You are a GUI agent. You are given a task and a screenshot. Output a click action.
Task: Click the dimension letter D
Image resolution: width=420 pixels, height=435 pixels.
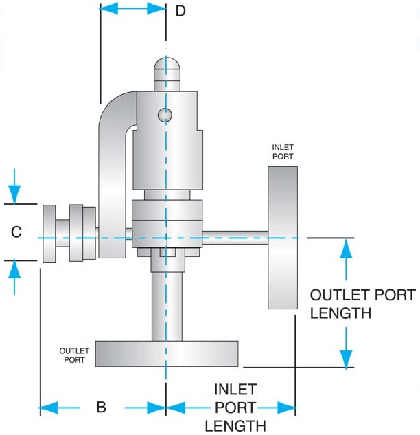[x=180, y=11]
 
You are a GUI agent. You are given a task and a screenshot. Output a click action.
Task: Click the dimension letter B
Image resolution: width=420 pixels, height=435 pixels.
[x=102, y=407]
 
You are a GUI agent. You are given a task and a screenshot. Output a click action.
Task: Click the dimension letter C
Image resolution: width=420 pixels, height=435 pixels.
[x=16, y=232]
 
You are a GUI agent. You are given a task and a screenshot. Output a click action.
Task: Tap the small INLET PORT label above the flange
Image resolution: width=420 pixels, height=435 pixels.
[x=283, y=152]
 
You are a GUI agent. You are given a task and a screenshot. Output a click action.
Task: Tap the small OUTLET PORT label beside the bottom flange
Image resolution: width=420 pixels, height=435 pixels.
[x=74, y=355]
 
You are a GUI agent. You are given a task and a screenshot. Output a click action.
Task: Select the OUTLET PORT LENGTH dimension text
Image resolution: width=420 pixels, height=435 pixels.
[x=362, y=304]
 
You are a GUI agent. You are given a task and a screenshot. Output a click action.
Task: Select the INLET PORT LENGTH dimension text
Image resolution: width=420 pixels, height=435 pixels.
[x=235, y=408]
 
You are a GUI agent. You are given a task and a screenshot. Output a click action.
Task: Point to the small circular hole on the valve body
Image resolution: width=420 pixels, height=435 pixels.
[x=165, y=115]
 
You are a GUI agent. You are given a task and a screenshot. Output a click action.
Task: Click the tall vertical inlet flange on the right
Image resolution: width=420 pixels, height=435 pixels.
[x=283, y=238]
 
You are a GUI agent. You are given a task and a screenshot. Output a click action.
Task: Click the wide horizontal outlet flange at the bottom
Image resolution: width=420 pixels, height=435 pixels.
[x=167, y=354]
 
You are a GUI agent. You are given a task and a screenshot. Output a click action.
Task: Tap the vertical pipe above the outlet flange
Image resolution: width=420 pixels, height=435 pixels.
[x=167, y=306]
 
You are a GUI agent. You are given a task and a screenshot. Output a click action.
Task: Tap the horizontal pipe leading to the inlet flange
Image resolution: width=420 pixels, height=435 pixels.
[x=235, y=238]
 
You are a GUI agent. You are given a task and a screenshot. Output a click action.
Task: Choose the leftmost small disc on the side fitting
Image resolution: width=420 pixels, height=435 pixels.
[x=49, y=234]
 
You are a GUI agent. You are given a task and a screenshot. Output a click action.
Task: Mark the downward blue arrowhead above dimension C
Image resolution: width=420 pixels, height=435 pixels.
[x=14, y=194]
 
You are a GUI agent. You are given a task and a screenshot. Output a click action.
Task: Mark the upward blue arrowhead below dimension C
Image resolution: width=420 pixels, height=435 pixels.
[x=14, y=269]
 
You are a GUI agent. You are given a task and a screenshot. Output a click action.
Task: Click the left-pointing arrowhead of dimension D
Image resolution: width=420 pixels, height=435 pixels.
[x=108, y=9]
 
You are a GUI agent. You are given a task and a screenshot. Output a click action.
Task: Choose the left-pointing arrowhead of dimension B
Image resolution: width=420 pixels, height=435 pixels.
[x=49, y=408]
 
